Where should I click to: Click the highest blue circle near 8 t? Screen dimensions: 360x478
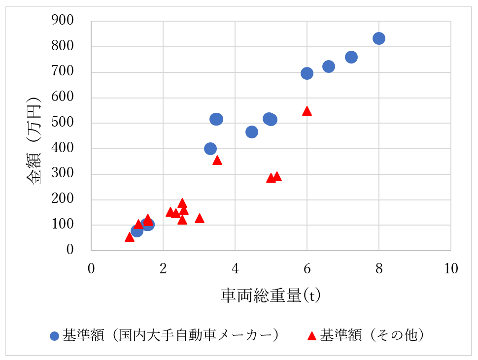tap(378, 38)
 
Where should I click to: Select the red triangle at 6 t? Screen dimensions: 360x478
tap(307, 111)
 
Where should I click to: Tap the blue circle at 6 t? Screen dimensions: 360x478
tap(307, 73)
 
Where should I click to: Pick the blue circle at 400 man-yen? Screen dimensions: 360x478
tap(210, 149)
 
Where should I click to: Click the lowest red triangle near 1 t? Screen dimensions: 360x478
tap(130, 237)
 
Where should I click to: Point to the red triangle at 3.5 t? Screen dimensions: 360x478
tap(217, 160)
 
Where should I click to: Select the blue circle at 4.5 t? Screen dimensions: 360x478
tap(252, 132)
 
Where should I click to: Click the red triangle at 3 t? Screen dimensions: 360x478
tap(200, 218)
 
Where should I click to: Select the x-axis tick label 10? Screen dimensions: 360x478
tap(450, 269)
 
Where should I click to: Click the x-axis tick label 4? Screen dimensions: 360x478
tap(235, 269)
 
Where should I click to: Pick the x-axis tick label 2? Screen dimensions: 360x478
tap(163, 269)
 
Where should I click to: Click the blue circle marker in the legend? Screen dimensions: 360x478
tap(55, 336)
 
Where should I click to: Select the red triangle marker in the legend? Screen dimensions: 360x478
tap(311, 336)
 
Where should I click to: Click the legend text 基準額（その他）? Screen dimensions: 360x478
tap(372, 335)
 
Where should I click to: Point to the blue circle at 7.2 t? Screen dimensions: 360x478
tap(351, 57)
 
